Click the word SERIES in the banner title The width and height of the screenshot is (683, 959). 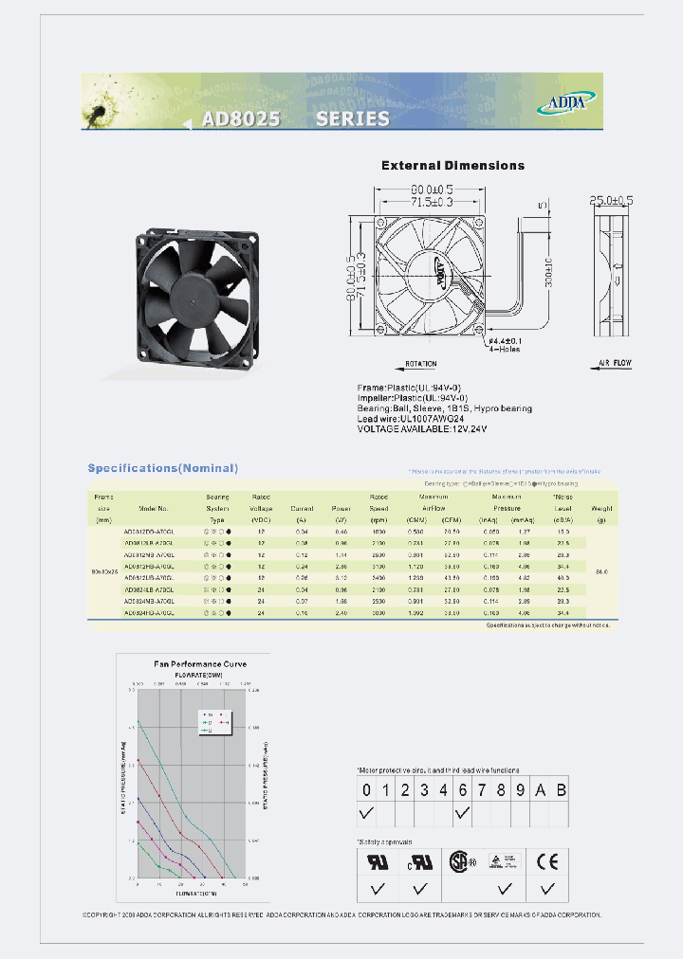coord(352,118)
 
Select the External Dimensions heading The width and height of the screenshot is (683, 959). coord(452,166)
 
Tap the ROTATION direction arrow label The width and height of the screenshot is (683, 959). coord(420,364)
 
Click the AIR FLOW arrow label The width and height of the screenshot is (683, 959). coord(616,363)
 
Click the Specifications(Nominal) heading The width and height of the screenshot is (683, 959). coord(163,468)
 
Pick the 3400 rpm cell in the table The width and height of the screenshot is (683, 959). coord(378,577)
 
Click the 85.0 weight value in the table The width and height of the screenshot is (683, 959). coord(600,571)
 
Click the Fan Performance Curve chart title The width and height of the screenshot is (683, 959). coord(200,664)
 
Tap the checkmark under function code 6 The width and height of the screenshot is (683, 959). coord(462,813)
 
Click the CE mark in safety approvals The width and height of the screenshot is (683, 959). coord(545,861)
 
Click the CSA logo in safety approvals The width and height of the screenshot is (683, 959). coord(460,861)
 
